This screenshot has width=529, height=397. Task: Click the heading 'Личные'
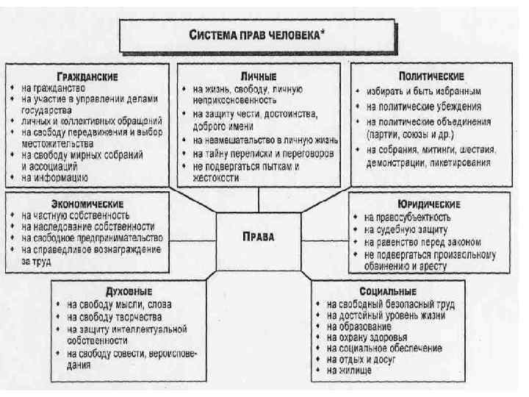(x=258, y=76)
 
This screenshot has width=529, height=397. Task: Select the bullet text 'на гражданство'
(x=55, y=87)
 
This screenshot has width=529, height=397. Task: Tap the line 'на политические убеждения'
(x=423, y=107)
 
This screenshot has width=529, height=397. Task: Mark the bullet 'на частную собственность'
(x=76, y=215)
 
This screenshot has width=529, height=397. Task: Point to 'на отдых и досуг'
(x=363, y=360)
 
